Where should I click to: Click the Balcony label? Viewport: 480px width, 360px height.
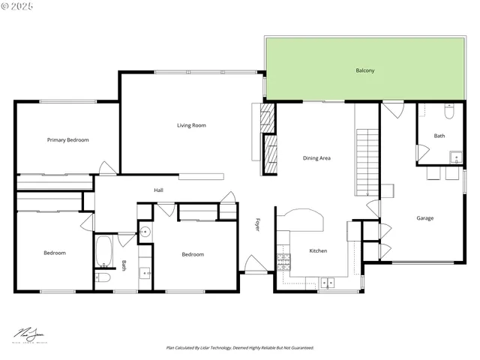tap(364, 70)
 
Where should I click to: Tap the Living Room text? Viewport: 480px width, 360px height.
tap(191, 125)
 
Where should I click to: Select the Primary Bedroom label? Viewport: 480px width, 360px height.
tap(67, 139)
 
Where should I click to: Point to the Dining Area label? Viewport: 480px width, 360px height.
tap(316, 158)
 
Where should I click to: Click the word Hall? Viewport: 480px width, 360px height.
tap(158, 190)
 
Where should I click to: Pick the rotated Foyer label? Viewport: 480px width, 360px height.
tap(257, 224)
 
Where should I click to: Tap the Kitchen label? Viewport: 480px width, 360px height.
tap(318, 250)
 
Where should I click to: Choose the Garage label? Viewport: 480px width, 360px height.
tap(425, 218)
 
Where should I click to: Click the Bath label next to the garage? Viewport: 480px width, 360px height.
tap(439, 136)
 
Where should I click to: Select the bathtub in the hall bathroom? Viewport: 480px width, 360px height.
tap(103, 251)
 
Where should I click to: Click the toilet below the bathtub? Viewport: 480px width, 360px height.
tap(103, 277)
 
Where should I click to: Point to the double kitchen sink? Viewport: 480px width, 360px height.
tap(327, 282)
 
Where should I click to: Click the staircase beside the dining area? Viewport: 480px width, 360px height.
tap(367, 161)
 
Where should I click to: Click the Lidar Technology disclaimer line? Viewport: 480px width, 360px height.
tap(240, 348)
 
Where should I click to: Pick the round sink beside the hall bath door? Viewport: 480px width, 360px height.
tap(145, 232)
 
